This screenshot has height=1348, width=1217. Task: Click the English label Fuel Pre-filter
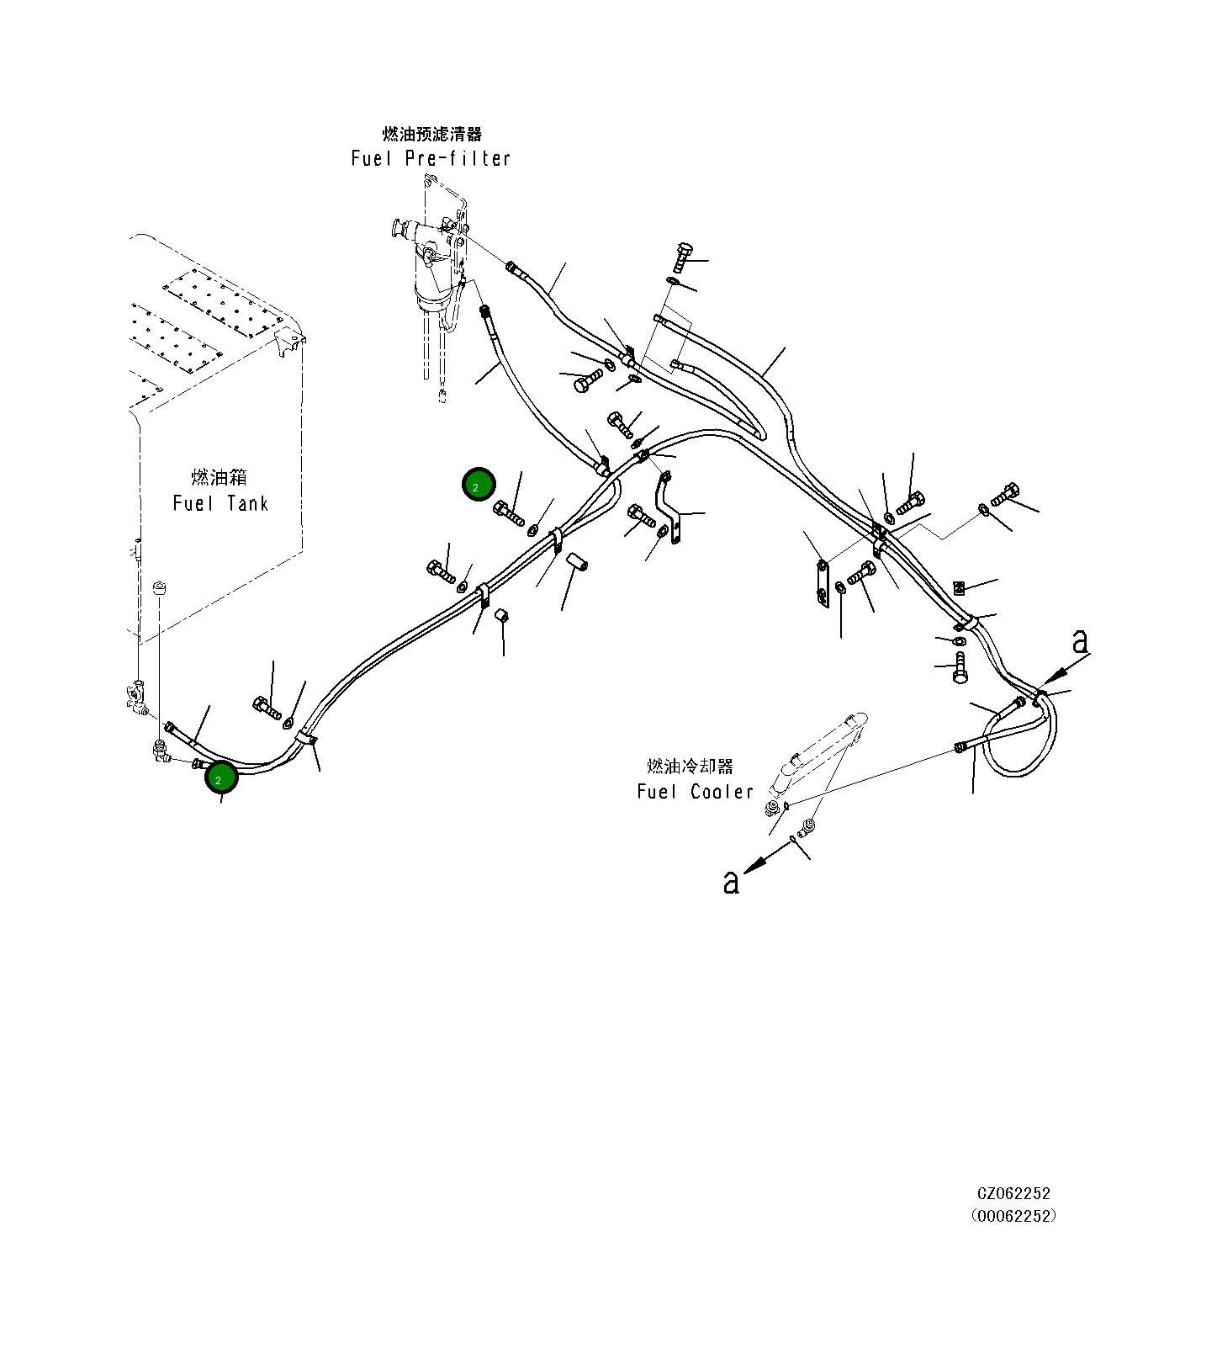coord(431,158)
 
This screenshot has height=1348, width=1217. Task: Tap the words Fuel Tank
coord(220,503)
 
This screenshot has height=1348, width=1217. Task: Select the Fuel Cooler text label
coord(695,791)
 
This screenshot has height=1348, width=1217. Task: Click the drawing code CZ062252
coord(1013,1193)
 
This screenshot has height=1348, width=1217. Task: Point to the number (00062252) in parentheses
coord(1013,1216)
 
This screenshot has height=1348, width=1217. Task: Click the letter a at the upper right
coord(1080,641)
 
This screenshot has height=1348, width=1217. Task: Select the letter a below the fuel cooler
coord(732,881)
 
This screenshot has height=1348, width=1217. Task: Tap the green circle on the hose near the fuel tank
coord(222,777)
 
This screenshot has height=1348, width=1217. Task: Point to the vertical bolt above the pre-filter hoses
coord(682,256)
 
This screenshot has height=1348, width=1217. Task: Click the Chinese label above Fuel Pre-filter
coord(432,134)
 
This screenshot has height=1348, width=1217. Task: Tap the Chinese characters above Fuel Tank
coord(220,477)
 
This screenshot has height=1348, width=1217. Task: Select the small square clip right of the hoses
coord(959,586)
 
